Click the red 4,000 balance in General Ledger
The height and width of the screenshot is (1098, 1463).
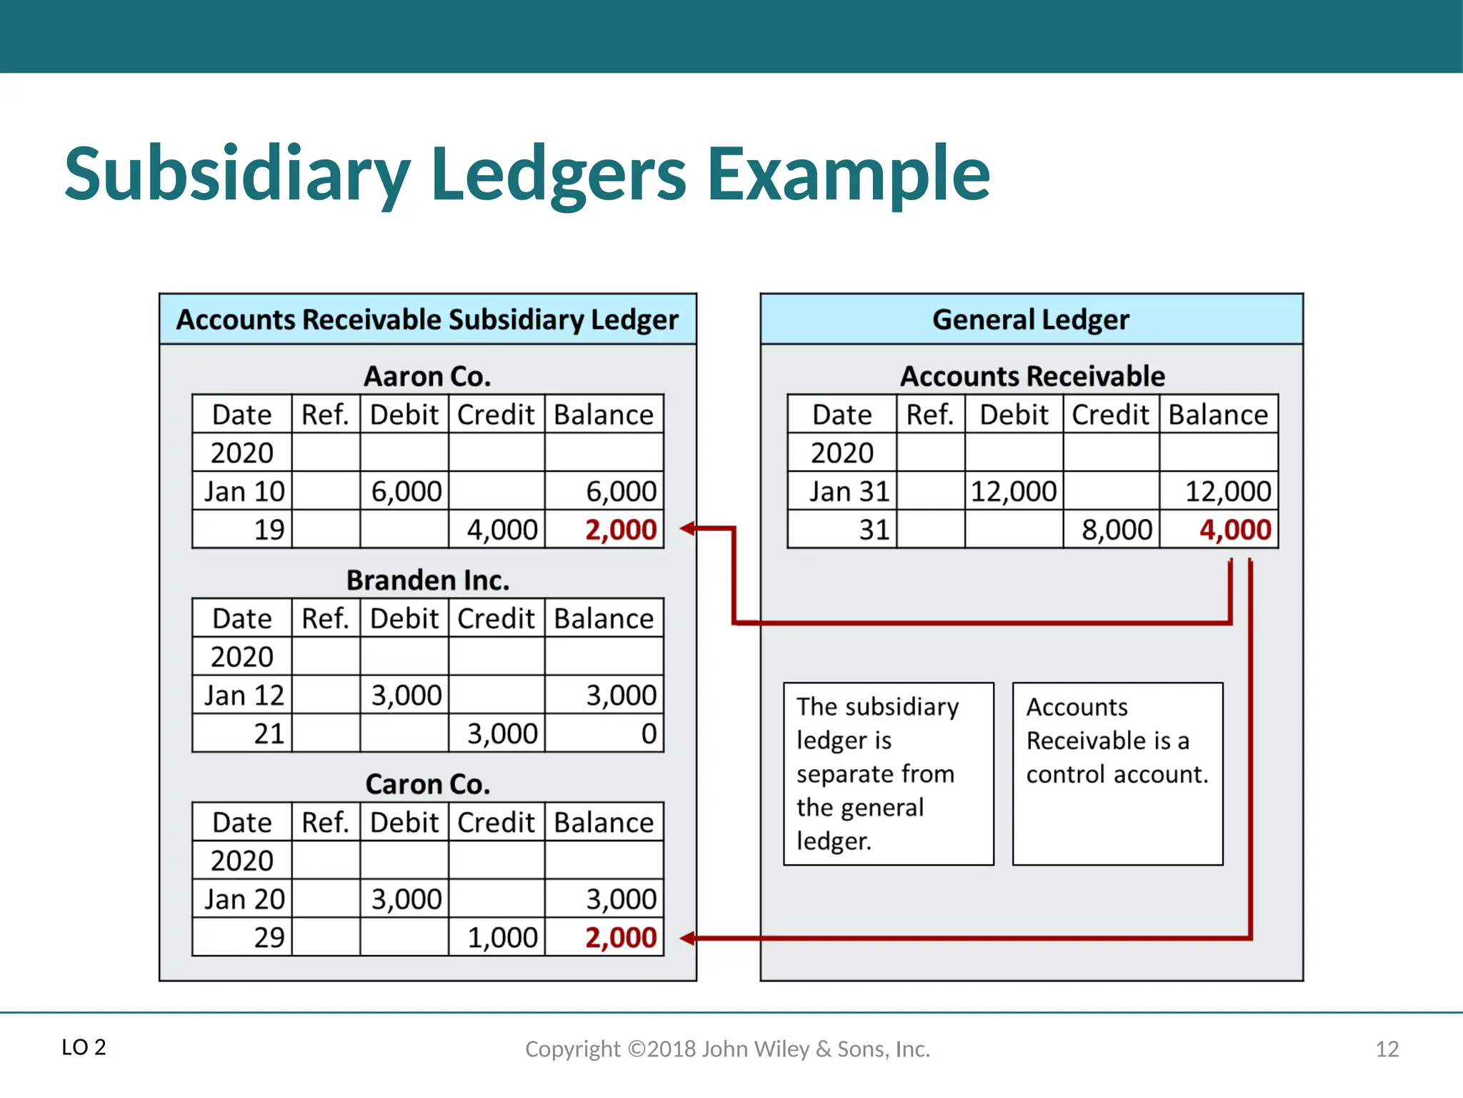tap(1235, 530)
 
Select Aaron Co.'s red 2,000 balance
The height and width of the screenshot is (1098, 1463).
tap(621, 530)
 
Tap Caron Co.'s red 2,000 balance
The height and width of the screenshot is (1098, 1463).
tap(621, 937)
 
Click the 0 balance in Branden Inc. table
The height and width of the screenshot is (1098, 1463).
tap(649, 733)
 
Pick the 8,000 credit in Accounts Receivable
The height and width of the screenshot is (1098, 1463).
tap(1117, 530)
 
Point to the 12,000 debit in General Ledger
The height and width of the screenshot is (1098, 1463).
tap(1013, 492)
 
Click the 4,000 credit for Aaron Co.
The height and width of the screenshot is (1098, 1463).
tap(502, 530)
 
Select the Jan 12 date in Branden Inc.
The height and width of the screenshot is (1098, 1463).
tap(244, 696)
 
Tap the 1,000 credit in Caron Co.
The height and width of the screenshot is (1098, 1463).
tap(502, 937)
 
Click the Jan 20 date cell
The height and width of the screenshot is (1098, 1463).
tap(244, 899)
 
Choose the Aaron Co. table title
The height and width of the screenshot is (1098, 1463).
tap(427, 376)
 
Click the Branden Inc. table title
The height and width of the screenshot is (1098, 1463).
tap(427, 580)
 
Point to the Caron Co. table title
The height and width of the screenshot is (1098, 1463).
tap(427, 784)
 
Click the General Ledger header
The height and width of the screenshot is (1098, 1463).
tap(1031, 320)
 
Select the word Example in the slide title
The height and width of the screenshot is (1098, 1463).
tap(848, 174)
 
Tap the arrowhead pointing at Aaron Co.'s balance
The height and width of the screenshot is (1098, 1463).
tap(687, 529)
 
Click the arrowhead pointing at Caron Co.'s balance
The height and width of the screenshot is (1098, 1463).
tap(687, 938)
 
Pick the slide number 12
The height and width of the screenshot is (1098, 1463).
tap(1387, 1049)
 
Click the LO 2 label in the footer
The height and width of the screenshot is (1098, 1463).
tap(84, 1047)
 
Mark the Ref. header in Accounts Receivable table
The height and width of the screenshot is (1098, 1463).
tap(930, 415)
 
